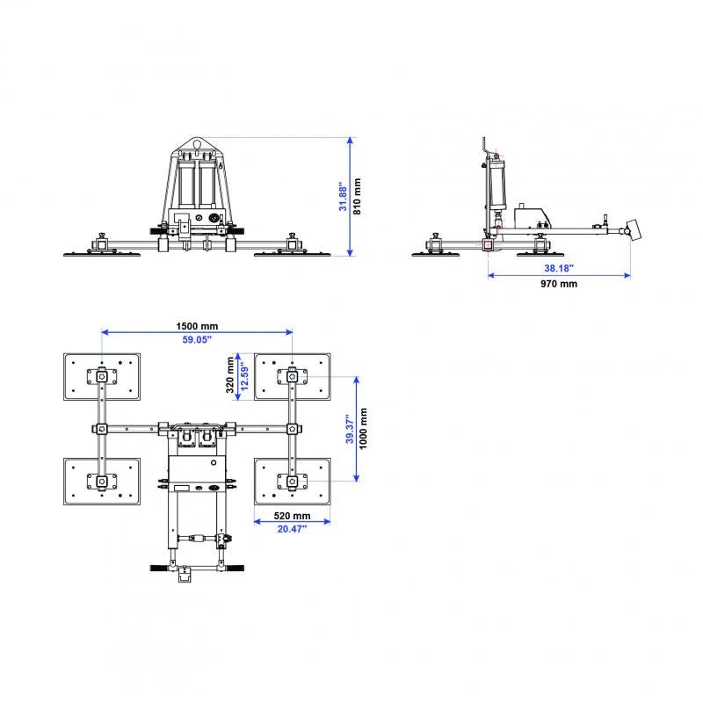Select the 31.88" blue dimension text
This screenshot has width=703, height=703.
(x=344, y=195)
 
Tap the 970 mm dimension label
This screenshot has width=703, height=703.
(x=560, y=284)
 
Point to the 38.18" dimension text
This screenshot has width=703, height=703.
(x=558, y=268)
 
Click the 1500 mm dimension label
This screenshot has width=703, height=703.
(x=197, y=325)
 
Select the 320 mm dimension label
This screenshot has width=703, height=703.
(x=230, y=375)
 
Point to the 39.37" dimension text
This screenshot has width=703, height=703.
(x=348, y=429)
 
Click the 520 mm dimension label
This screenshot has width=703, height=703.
(x=292, y=515)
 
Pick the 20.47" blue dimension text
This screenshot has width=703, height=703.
(x=292, y=529)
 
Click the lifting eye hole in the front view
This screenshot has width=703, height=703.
(x=197, y=145)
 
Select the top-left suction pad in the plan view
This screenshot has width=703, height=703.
(x=102, y=376)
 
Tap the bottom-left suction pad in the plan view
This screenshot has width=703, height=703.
(x=102, y=481)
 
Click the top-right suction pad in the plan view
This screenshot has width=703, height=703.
(x=292, y=376)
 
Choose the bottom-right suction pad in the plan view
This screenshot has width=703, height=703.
(x=292, y=481)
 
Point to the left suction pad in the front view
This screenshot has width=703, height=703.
(x=103, y=253)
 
